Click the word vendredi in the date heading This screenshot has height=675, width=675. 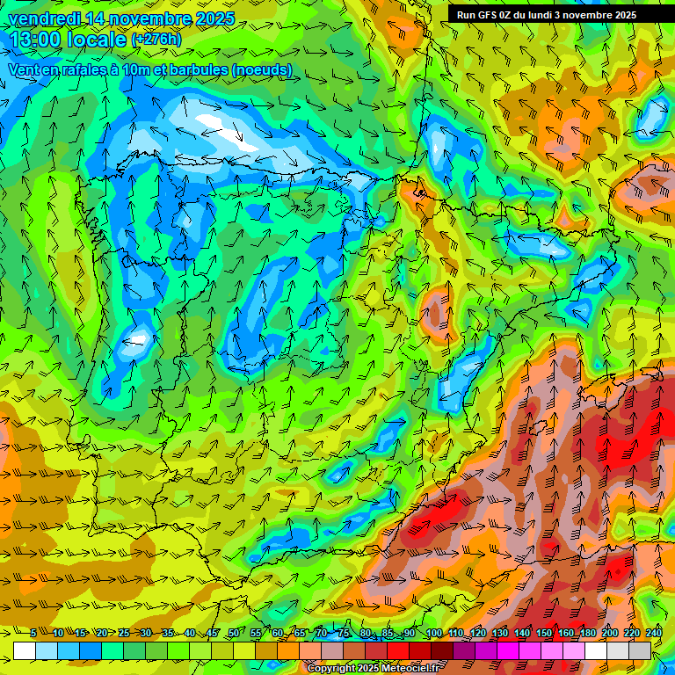coord(43,18)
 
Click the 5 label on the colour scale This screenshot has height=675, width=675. coord(33,634)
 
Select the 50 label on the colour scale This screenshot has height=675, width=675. coord(234,634)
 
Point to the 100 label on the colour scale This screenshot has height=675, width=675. coord(432,634)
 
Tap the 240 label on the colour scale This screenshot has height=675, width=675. coord(653,634)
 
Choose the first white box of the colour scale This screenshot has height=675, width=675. coord(25,650)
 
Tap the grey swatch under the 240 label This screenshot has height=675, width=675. coord(640,650)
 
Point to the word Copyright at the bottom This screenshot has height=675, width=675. coord(331,669)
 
